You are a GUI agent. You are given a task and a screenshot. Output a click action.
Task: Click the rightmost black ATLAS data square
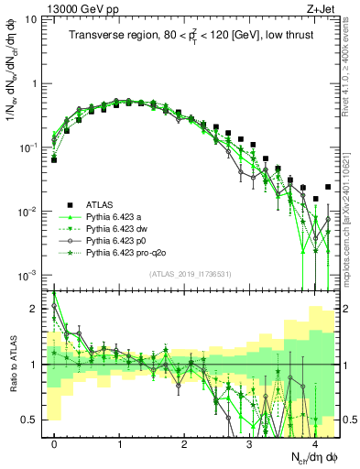pyautogui.click(x=329, y=187)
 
